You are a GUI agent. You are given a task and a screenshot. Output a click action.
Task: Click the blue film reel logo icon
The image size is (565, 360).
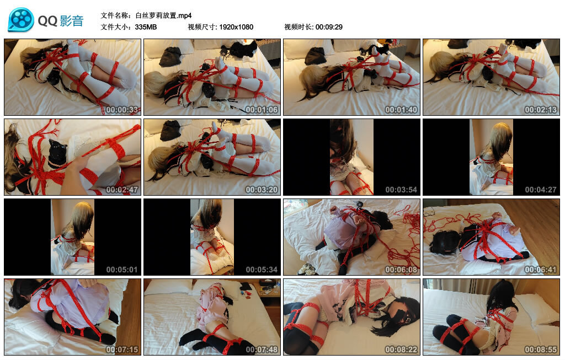click(21, 20)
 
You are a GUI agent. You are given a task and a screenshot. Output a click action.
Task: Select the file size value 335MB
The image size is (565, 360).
click(146, 27)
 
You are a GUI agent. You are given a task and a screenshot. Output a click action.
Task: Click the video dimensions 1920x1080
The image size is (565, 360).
click(236, 27)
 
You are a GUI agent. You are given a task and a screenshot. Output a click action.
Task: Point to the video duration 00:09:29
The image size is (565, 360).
click(329, 27)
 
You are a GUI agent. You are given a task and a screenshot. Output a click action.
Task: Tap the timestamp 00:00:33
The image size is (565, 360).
click(122, 110)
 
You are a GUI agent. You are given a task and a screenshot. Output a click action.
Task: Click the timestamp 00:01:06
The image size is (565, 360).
click(262, 110)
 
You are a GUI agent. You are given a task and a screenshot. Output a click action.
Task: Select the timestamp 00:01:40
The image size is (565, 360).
click(401, 110)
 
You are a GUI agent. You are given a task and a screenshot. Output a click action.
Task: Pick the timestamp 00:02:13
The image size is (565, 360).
click(541, 110)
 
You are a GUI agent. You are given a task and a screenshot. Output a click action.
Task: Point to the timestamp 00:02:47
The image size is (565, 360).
click(122, 190)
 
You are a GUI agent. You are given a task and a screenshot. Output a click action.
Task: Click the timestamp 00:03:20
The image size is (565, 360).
click(262, 190)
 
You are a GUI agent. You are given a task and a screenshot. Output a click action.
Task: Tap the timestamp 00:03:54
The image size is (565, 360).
click(401, 190)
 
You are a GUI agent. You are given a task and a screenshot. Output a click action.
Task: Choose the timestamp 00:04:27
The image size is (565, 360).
click(541, 190)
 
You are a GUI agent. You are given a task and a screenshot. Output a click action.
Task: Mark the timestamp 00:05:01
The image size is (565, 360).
click(122, 270)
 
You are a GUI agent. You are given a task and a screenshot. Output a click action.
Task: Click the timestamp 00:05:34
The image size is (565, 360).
click(262, 270)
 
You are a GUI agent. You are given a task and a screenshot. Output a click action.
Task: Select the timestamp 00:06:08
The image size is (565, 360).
click(401, 270)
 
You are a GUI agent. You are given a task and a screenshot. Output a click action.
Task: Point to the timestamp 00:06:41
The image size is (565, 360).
click(541, 270)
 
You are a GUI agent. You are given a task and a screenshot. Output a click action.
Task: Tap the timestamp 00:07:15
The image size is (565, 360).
click(122, 350)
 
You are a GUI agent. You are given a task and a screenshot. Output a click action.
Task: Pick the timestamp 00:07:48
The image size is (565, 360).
click(262, 350)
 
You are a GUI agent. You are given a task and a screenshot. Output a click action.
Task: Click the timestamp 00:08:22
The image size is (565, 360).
click(401, 350)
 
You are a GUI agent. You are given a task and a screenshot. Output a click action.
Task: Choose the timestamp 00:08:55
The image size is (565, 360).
click(541, 350)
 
